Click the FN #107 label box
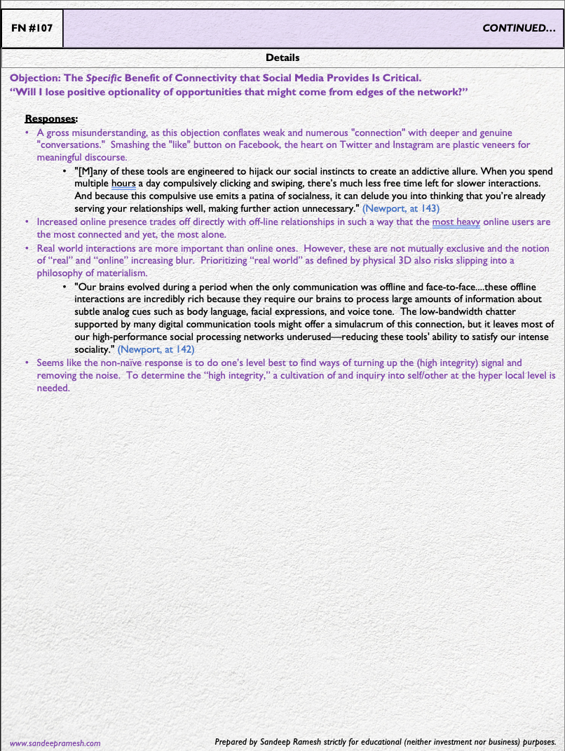tap(32, 29)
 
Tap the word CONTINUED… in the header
tap(519, 29)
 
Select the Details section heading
tap(282, 57)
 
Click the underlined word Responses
tap(50, 119)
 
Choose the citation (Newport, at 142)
tap(156, 349)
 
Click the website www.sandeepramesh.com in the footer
tap(55, 743)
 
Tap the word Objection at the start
tap(32, 78)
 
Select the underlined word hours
tap(123, 183)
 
